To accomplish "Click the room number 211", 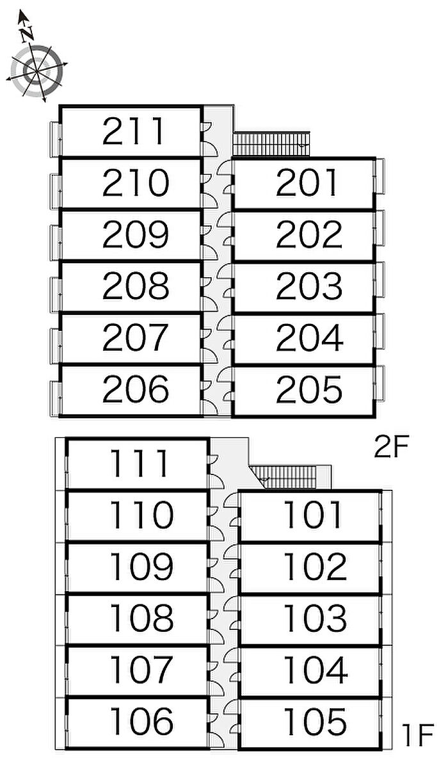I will [134, 131].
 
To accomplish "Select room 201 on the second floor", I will [307, 183].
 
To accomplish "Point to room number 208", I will [135, 286].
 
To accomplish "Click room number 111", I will [141, 463].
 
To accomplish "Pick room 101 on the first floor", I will [314, 515].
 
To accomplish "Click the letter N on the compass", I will [26, 35].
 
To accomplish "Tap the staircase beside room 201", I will [271, 143].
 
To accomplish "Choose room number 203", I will [308, 286].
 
